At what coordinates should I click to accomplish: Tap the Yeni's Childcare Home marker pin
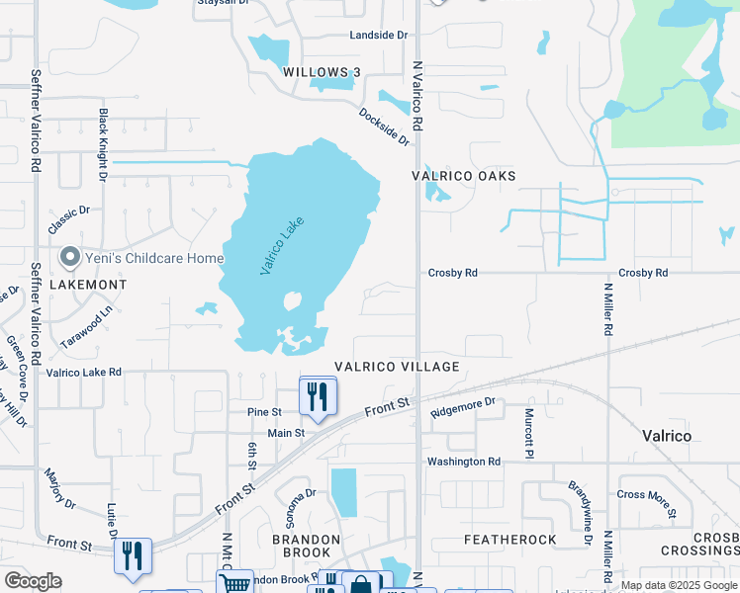coord(69,258)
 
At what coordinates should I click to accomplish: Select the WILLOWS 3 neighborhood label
coord(322,72)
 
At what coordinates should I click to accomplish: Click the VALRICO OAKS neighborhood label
coord(464,176)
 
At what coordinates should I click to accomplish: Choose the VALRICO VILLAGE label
coord(396,367)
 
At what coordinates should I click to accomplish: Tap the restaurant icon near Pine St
coord(318,396)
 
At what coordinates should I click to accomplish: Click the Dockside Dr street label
coord(384,127)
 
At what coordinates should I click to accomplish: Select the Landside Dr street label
coord(378,36)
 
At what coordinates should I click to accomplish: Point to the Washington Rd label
coord(463,462)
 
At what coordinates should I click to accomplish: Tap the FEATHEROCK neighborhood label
coord(510,540)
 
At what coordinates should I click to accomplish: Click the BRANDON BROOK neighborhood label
coord(307,548)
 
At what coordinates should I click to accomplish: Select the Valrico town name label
coord(666,436)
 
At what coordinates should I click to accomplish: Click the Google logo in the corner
coord(33,581)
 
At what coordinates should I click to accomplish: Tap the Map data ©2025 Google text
coord(678,585)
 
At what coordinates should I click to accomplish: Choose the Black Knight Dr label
coord(102,146)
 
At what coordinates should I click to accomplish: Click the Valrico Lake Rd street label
coord(83,373)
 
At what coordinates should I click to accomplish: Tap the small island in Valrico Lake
coord(292,300)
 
